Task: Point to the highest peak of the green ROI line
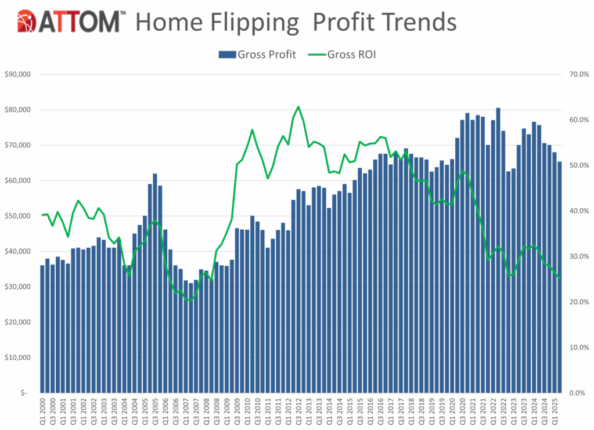(x=298, y=107)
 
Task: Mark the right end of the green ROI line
(x=560, y=279)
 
